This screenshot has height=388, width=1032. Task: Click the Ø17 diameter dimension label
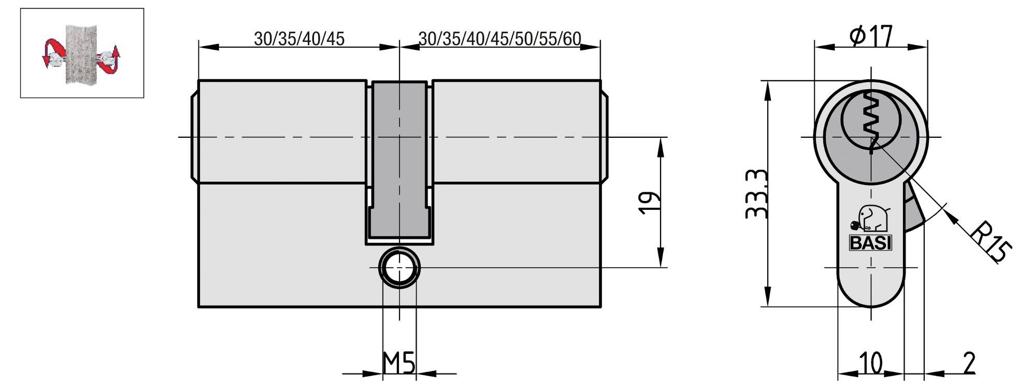(x=871, y=36)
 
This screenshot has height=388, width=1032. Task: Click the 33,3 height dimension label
(x=756, y=194)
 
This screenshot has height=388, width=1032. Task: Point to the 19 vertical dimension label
(x=649, y=203)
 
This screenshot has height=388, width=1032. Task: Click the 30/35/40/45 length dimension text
(x=299, y=39)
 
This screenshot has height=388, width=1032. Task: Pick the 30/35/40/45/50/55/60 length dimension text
(x=499, y=39)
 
